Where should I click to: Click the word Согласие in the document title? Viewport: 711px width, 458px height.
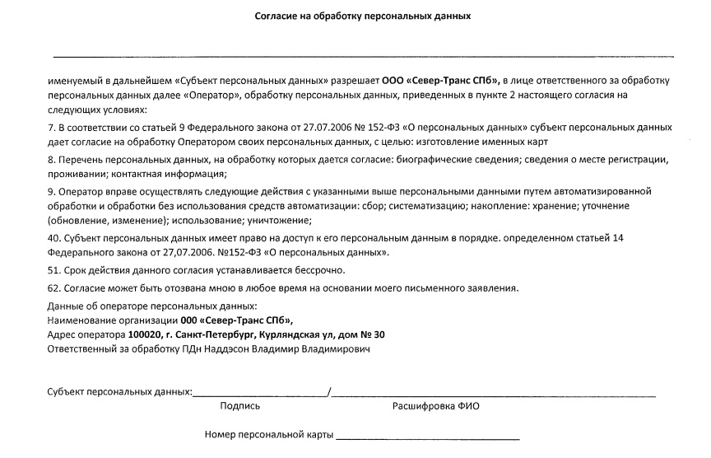coord(275,16)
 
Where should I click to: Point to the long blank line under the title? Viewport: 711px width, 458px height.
coord(363,57)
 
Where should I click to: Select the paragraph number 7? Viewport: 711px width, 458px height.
coord(51,128)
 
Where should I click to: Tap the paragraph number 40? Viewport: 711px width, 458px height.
coord(53,238)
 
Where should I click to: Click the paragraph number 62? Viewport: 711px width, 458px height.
coord(53,288)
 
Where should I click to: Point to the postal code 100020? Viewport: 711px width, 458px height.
coord(146,335)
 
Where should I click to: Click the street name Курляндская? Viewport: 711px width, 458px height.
coord(290,335)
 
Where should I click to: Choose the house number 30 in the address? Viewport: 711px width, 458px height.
coord(378,335)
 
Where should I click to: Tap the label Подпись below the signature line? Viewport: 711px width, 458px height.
coord(240,406)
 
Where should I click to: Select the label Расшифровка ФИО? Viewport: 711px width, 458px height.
coord(435,406)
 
